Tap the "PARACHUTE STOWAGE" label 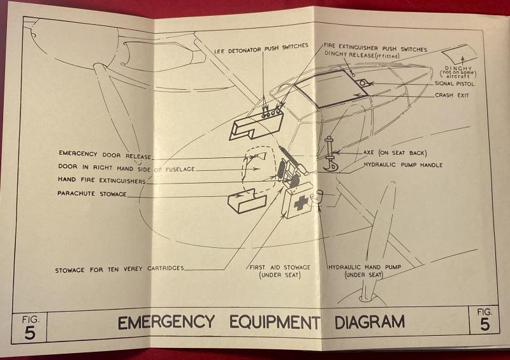92,192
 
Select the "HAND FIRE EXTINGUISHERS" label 101,180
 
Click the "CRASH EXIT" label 453,96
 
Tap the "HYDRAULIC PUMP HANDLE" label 403,164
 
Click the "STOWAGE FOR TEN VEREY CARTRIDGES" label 119,268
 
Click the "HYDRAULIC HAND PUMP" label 363,267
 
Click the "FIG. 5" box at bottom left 28,326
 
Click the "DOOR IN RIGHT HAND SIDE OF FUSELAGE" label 126,168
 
